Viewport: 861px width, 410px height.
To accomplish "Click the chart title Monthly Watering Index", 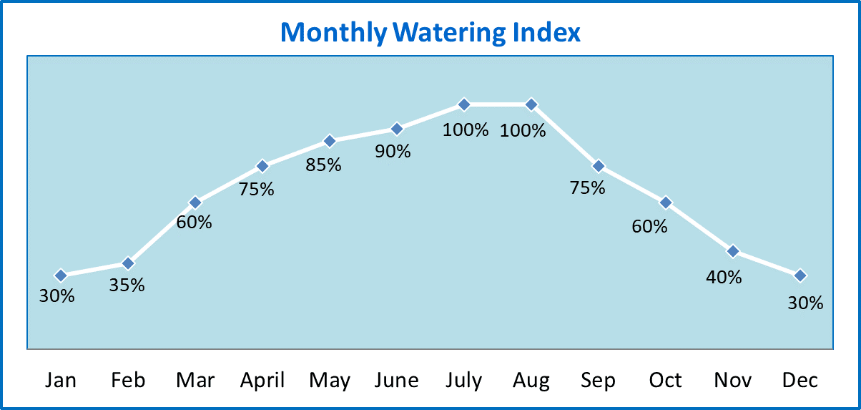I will point(430,32).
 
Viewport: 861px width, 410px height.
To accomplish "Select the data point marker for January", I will point(61,275).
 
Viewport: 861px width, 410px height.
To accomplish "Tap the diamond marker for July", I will point(464,104).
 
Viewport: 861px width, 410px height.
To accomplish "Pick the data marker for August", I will point(531,104).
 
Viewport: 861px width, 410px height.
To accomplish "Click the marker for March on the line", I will point(195,202).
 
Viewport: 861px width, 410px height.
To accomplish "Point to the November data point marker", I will point(733,251).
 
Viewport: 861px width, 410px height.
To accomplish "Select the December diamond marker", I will point(800,275).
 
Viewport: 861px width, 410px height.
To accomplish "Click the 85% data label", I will point(323,165).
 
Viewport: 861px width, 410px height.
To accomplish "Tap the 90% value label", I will point(393,152).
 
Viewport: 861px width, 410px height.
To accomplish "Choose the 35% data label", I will point(127,285).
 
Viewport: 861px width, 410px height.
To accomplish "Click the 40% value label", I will point(724,277).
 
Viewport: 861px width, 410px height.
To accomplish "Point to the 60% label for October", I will point(649,227).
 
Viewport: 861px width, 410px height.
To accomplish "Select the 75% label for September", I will point(588,188).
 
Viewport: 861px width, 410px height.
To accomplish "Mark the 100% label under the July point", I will point(466,130).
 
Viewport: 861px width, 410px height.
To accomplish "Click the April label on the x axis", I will point(262,380).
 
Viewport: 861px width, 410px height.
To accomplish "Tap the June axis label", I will point(396,380).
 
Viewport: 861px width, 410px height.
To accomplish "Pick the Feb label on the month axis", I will point(128,380).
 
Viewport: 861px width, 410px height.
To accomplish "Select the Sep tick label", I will point(598,380).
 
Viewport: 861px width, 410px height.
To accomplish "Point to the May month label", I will point(330,380).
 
